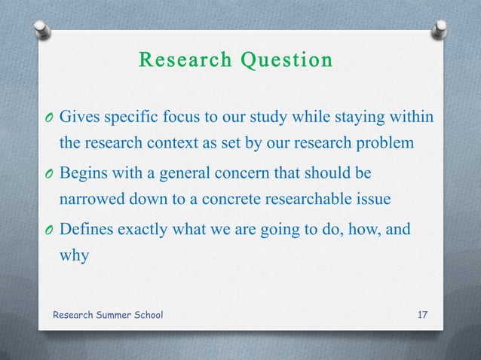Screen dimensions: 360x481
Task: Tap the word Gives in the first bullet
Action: [x=78, y=117]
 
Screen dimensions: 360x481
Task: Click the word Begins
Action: [x=84, y=175]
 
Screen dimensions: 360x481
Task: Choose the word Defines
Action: [x=85, y=228]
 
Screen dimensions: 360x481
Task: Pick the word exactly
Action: [x=145, y=228]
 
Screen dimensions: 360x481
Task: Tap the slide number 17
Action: [x=423, y=313]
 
